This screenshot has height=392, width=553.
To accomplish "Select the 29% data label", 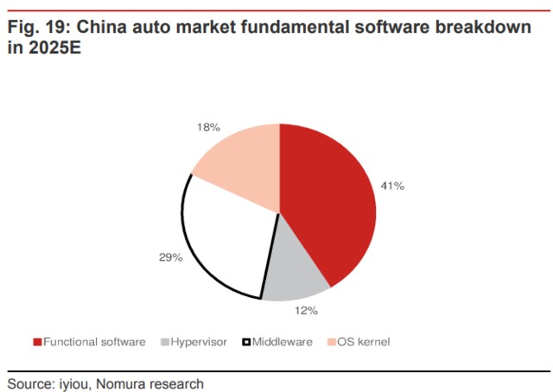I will click(170, 257).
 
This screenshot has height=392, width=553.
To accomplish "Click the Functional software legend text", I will click(94, 342).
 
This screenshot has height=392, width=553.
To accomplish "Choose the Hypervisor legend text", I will click(199, 342).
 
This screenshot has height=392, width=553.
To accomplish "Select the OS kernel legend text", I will click(364, 342).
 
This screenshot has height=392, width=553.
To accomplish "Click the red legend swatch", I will click(37, 343).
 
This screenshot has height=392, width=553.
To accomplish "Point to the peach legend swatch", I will click(332, 343).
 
